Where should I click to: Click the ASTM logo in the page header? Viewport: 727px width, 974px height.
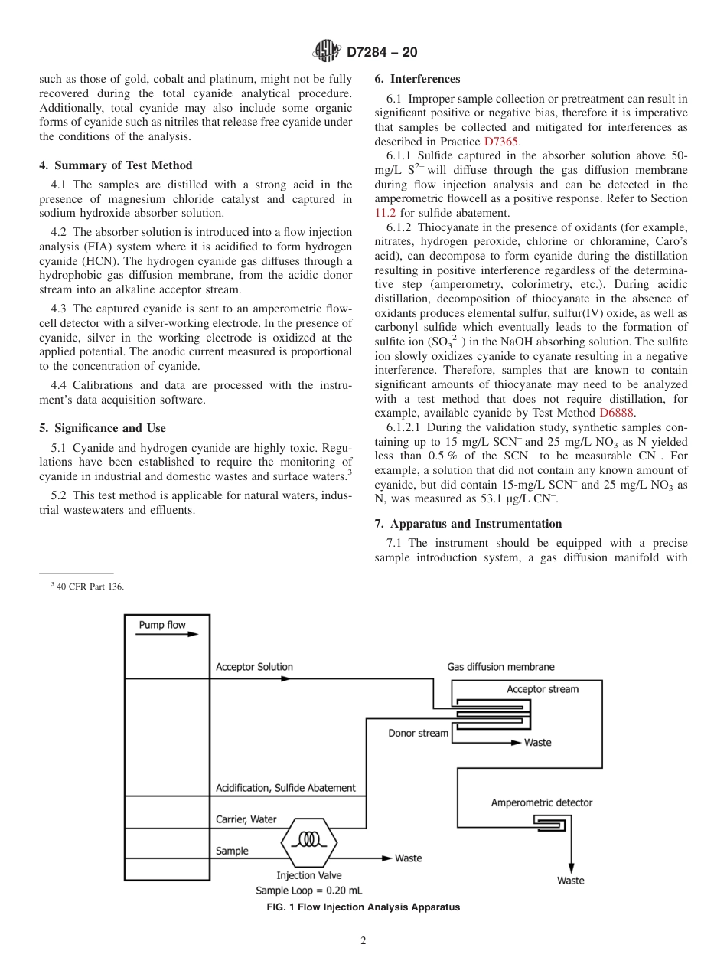point(327,52)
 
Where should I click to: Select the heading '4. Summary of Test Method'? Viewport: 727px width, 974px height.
point(116,165)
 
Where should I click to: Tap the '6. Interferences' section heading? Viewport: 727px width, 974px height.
point(417,79)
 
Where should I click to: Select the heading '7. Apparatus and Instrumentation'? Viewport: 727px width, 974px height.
point(468,524)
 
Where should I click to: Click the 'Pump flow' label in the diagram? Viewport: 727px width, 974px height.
point(161,625)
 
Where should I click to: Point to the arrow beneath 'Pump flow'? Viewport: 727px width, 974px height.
point(168,635)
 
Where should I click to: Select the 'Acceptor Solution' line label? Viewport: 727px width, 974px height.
point(254,667)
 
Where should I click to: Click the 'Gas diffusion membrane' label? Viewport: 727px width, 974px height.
point(500,667)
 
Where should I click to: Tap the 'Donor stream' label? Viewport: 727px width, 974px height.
point(418,734)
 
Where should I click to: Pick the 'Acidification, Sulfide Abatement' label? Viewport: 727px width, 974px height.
point(285,788)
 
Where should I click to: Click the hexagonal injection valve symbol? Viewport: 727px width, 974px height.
point(309,840)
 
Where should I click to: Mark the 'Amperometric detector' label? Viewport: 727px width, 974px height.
point(541,802)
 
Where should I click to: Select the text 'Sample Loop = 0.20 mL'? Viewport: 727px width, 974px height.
point(308,891)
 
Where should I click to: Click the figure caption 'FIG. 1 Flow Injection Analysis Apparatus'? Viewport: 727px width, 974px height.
point(363,907)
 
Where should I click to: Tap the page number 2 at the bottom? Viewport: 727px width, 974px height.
point(363,941)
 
